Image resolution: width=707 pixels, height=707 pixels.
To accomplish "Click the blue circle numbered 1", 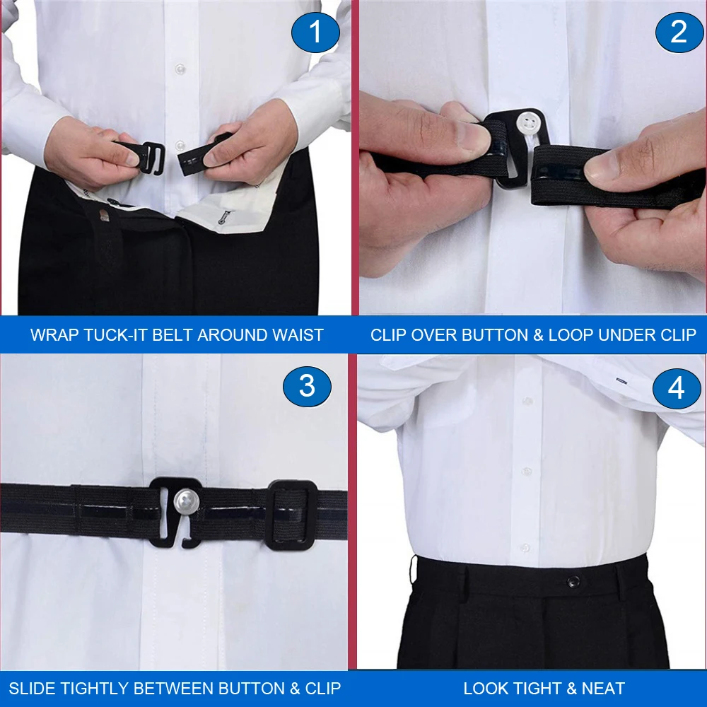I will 315,33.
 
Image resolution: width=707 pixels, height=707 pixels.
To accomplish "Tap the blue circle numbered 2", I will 678,32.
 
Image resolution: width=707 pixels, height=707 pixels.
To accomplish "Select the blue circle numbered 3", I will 307,386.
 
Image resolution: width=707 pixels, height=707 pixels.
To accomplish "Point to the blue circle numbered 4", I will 676,388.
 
